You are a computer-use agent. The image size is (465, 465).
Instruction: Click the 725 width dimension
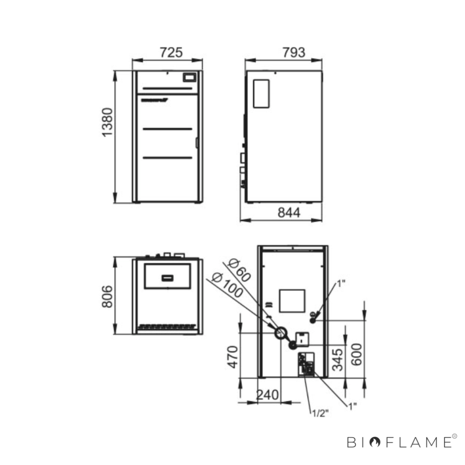coord(171,53)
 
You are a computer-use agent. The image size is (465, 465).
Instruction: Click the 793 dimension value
coord(294,53)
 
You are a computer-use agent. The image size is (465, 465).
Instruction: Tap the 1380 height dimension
coord(107,122)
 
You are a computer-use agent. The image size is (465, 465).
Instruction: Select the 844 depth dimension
coord(289,213)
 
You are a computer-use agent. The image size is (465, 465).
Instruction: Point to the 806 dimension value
coord(107,296)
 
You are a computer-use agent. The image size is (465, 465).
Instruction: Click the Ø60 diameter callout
coord(239,270)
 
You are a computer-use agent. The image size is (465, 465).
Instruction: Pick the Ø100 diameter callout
coord(227,286)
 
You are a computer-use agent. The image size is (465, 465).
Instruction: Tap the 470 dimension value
coord(232,357)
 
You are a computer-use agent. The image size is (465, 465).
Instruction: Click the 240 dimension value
coord(267,395)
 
